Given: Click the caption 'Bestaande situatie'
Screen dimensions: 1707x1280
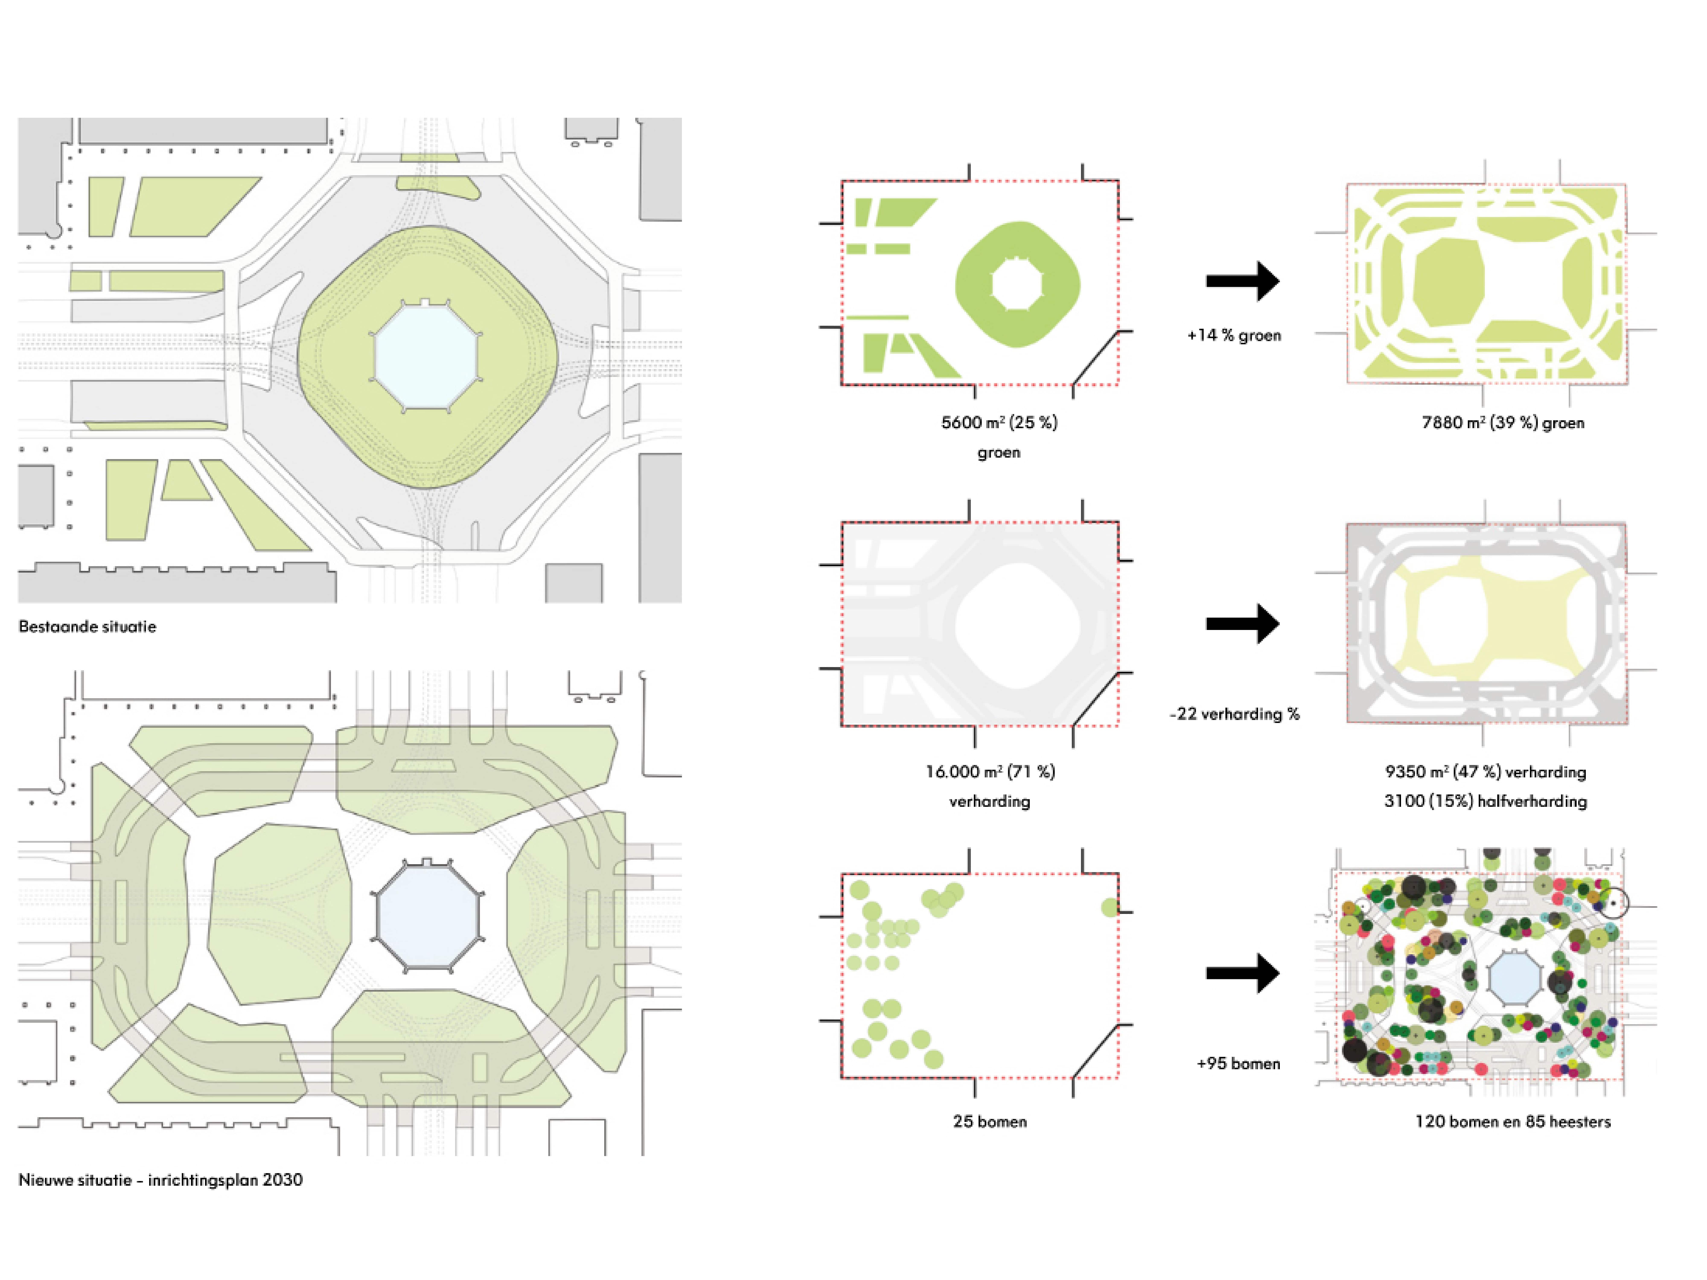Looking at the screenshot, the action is pos(87,627).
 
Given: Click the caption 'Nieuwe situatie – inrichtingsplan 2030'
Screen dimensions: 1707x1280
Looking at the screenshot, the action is pos(160,1180).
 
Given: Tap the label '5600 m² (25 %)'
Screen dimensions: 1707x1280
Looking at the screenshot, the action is pos(999,423).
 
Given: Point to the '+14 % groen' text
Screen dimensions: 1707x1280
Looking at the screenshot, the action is pos(1234,336).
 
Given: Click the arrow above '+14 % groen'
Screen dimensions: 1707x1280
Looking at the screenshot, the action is pos(1242,281).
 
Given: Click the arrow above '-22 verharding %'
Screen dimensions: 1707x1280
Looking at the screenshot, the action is pos(1242,623).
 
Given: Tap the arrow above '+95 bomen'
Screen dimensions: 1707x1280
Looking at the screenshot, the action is pos(1242,973).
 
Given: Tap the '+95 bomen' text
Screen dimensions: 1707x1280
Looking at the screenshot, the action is pos(1238,1063).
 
